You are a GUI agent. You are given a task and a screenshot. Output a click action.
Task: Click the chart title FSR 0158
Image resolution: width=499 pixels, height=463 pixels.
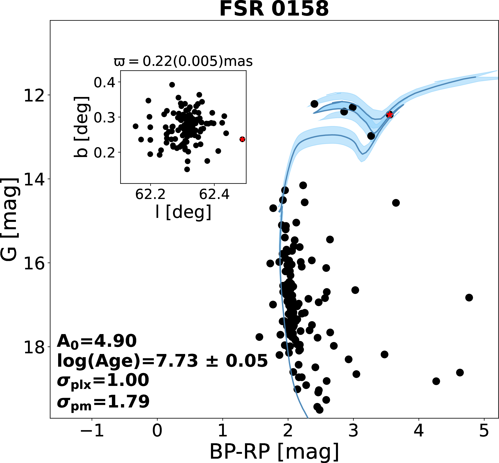[x=274, y=9]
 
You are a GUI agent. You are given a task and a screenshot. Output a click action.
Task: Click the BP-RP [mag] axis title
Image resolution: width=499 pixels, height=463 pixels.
[x=274, y=452]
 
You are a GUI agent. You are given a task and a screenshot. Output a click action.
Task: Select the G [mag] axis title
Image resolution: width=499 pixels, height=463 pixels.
[x=10, y=220]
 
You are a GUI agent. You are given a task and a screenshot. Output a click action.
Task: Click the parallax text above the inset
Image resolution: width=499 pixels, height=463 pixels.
[x=183, y=61]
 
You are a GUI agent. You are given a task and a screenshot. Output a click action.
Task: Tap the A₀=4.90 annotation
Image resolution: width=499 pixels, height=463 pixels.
[x=97, y=341]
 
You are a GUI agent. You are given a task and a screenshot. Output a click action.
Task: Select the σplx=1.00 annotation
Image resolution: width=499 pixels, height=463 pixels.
[x=103, y=381]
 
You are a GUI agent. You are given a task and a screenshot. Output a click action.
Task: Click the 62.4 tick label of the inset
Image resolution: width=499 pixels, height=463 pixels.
[x=214, y=194]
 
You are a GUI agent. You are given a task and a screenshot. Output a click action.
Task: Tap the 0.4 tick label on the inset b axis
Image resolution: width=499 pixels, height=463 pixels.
[x=104, y=82]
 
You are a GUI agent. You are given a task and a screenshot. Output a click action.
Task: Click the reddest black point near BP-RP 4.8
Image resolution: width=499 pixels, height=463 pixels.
[x=469, y=298]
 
